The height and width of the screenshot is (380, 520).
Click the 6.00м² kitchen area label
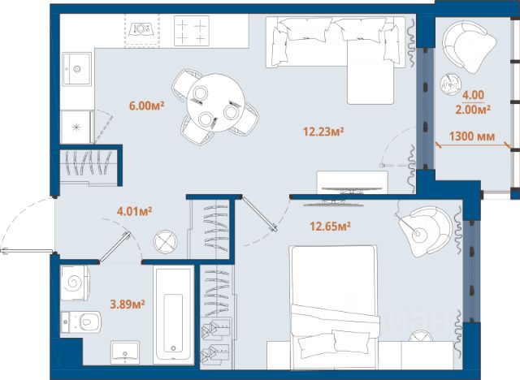[146, 106]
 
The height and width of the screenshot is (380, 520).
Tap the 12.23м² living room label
[323, 132]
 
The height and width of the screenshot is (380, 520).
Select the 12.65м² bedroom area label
[331, 227]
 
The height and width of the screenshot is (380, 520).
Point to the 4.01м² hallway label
[135, 211]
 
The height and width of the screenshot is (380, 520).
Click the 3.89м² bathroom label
[128, 304]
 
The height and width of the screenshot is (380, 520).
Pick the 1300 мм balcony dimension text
[472, 136]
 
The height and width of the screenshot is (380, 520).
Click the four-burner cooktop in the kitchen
[192, 31]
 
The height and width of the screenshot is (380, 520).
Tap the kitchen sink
[76, 69]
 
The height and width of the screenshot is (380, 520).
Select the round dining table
[216, 102]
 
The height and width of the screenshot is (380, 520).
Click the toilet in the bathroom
[81, 322]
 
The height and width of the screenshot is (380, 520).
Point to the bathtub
[173, 315]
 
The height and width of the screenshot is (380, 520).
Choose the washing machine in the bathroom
[74, 283]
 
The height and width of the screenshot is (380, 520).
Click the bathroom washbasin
[125, 353]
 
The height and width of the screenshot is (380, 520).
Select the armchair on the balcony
[469, 47]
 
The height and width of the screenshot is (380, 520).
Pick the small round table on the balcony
[450, 83]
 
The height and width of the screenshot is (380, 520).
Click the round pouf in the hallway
[166, 242]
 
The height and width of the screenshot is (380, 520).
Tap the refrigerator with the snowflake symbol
[76, 127]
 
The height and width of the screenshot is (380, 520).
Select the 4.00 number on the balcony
[473, 96]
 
